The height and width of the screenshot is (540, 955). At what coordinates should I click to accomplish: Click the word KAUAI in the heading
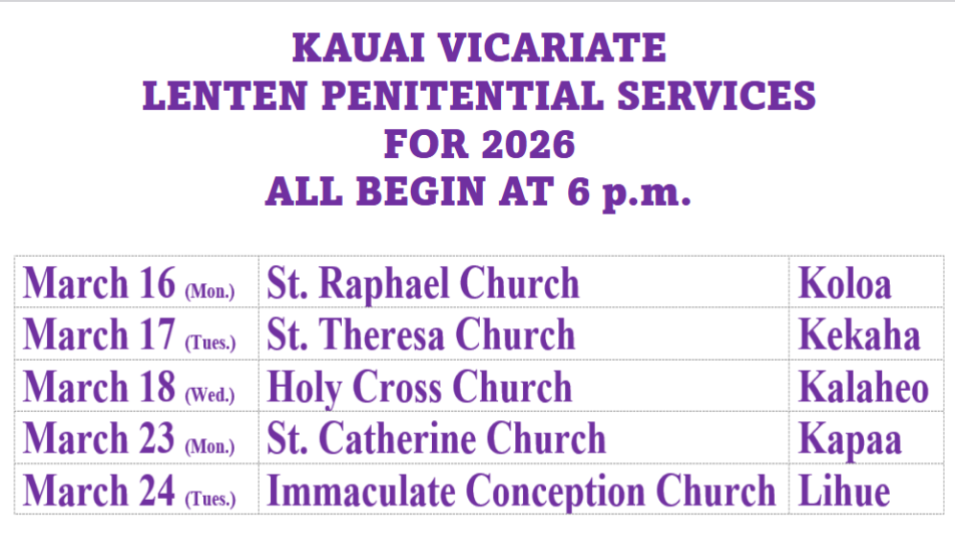358,48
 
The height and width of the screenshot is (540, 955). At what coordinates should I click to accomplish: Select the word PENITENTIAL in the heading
463,96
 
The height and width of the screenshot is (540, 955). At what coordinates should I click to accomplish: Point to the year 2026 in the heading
528,145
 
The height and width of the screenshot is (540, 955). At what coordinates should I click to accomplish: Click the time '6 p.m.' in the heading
629,192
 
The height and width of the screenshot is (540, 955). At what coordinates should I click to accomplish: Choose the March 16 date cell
136,281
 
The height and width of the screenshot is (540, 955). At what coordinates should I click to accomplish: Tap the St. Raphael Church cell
524,281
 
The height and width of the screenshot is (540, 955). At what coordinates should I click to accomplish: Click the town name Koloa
845,283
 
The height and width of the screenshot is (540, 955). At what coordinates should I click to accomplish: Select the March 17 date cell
136,333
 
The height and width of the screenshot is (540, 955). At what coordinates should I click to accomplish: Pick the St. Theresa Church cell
524,333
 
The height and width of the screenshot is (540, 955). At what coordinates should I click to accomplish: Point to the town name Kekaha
859,335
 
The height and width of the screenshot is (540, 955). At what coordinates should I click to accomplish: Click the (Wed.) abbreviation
210,394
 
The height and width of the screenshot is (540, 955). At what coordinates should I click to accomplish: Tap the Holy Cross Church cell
524,386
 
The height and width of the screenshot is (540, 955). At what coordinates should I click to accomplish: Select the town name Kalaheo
864,387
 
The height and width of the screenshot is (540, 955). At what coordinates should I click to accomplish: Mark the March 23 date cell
136,438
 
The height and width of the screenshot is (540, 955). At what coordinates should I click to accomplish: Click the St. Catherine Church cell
524,438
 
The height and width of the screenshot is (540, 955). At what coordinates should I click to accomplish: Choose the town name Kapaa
850,440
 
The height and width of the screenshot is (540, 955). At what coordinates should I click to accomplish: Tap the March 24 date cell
136,489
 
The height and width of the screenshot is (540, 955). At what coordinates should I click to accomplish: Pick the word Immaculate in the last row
361,490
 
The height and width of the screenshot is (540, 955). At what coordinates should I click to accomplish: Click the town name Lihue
844,490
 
